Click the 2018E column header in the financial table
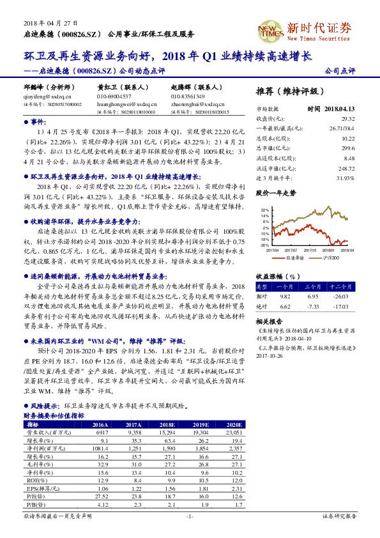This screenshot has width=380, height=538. click(x=167, y=425)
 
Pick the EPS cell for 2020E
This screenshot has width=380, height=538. click(x=235, y=488)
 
